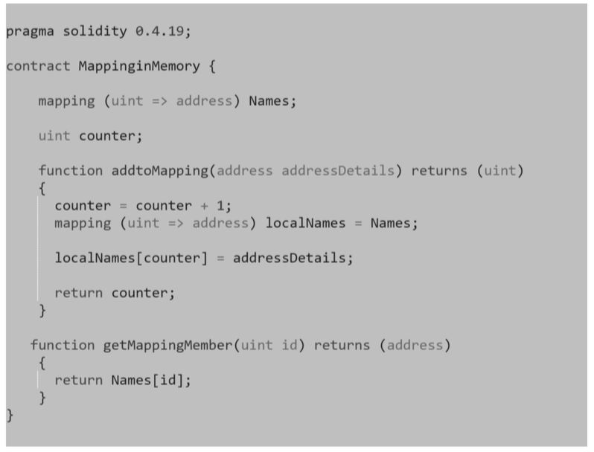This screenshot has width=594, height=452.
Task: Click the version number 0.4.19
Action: click(159, 31)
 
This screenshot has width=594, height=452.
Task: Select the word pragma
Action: click(30, 32)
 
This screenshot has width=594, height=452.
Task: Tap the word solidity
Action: click(95, 31)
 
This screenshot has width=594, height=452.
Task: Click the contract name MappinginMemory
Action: click(139, 67)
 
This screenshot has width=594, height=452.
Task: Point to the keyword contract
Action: click(38, 66)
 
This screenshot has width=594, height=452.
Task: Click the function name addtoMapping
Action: click(160, 171)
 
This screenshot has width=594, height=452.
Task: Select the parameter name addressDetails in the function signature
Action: click(338, 170)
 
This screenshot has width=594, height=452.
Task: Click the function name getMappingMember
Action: click(167, 346)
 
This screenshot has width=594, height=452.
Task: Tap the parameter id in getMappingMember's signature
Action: click(290, 345)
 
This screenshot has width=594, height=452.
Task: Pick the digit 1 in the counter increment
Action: click(220, 206)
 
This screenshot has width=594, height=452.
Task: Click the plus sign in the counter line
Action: click(204, 206)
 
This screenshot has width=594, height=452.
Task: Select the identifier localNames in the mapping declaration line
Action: click(305, 223)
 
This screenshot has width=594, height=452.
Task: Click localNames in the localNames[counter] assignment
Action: click(95, 258)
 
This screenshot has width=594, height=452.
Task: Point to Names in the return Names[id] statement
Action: click(131, 380)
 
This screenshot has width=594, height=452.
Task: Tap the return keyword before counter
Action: click(78, 293)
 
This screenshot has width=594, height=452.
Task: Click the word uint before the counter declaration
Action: click(54, 136)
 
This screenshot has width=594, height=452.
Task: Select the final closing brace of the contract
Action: click(10, 416)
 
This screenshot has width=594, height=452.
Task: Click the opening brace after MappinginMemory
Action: click(212, 67)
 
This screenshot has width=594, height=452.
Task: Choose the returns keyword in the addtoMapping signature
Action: click(439, 171)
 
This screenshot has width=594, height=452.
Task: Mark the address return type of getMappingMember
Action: click(415, 345)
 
